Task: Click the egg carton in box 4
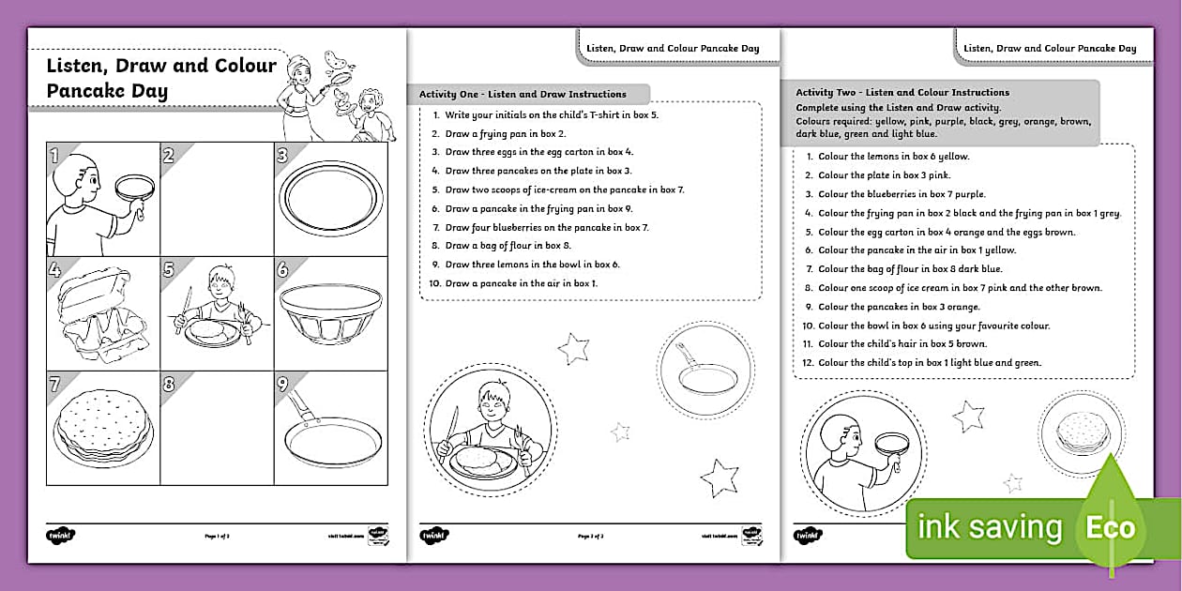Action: tap(102, 314)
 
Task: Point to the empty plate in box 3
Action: tap(330, 198)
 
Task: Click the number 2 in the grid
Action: tap(170, 156)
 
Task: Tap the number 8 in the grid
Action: tap(170, 384)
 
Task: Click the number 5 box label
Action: tap(170, 270)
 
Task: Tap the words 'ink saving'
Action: tap(989, 527)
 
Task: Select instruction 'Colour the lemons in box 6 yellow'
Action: tap(893, 157)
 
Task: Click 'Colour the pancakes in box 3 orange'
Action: tap(899, 307)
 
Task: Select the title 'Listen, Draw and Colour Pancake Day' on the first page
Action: tap(161, 78)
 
